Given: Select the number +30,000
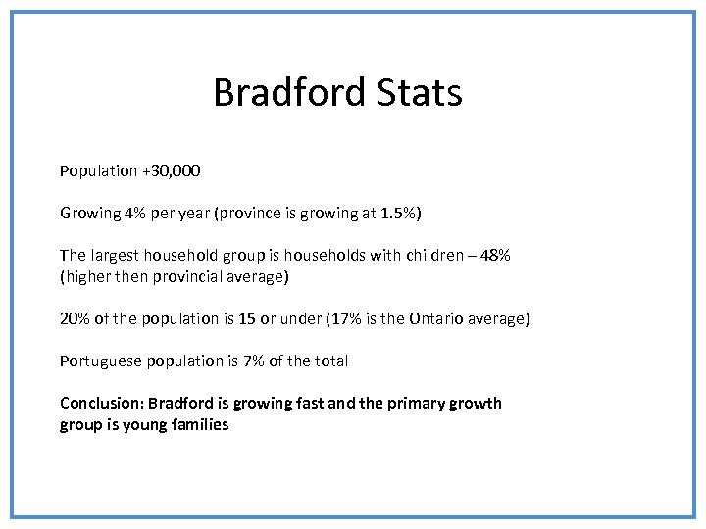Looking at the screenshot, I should coord(172,170).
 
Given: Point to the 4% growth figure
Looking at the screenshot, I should coord(135,213).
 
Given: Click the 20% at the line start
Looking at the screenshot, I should coord(74,318).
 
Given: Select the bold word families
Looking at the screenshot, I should coord(198,424).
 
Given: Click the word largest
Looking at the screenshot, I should coord(115,255).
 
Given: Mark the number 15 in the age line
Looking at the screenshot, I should coord(247,318).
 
